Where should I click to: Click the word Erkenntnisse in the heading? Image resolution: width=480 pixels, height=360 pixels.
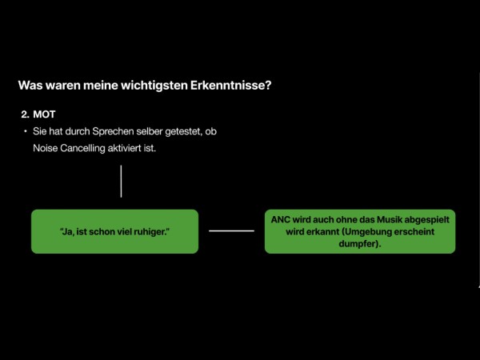coord(231,85)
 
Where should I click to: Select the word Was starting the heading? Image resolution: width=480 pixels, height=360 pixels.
coord(30,85)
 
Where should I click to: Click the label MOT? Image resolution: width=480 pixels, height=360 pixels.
coord(44,114)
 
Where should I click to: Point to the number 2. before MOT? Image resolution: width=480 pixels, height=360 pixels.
coord(25,114)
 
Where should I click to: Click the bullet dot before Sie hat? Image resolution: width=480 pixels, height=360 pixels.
coord(25,131)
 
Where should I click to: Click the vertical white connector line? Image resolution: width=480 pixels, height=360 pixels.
coord(121,182)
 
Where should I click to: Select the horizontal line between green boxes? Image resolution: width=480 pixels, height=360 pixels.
coord(231,231)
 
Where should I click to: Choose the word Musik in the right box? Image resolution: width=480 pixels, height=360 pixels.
coord(389,219)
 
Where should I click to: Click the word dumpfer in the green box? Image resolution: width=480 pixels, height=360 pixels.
coord(360,244)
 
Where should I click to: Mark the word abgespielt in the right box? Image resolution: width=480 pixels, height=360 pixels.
coord(426,220)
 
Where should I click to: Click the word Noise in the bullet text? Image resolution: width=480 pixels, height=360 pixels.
coord(46,149)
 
